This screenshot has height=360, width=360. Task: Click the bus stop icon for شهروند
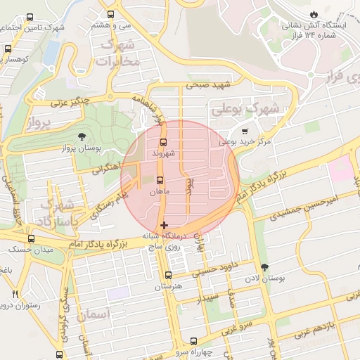coord(163,142)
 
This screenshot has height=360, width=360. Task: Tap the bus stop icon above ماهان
coord(160,180)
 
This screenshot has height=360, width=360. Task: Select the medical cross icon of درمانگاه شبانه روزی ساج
coord(164,226)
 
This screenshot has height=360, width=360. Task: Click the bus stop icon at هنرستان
coord(167,276)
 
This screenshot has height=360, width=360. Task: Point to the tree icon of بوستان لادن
coord(264,268)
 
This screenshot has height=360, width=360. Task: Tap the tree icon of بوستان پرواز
coord(82,136)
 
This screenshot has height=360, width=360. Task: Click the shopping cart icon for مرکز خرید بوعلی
coord(244,131)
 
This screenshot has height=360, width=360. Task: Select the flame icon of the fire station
coord(314,14)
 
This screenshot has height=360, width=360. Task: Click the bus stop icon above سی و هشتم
coord(110,14)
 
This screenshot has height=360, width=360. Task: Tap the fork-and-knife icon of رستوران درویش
coord(15,294)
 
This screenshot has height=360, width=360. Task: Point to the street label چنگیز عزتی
coord(68,103)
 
